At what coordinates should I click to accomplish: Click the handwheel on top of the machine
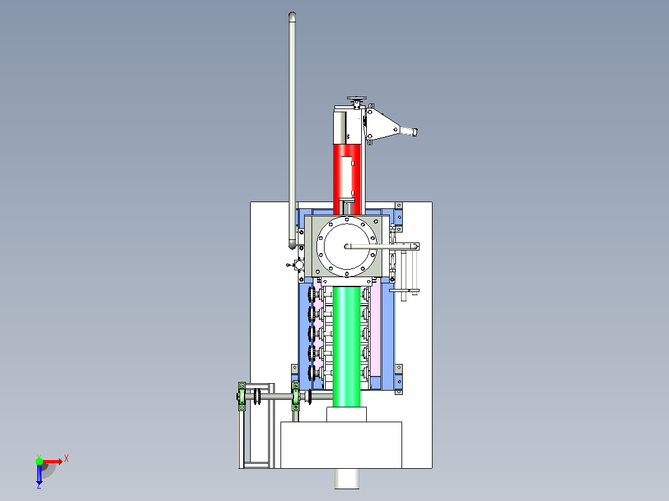357,100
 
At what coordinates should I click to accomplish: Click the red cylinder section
337,179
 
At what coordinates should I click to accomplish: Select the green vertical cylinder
346,346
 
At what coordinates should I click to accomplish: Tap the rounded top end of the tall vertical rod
292,16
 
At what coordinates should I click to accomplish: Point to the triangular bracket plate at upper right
382,124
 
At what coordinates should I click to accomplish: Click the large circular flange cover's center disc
346,246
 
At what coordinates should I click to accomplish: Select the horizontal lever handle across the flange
382,246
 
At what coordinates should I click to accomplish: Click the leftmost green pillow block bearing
242,397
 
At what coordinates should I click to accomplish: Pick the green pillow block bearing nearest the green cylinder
295,397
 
